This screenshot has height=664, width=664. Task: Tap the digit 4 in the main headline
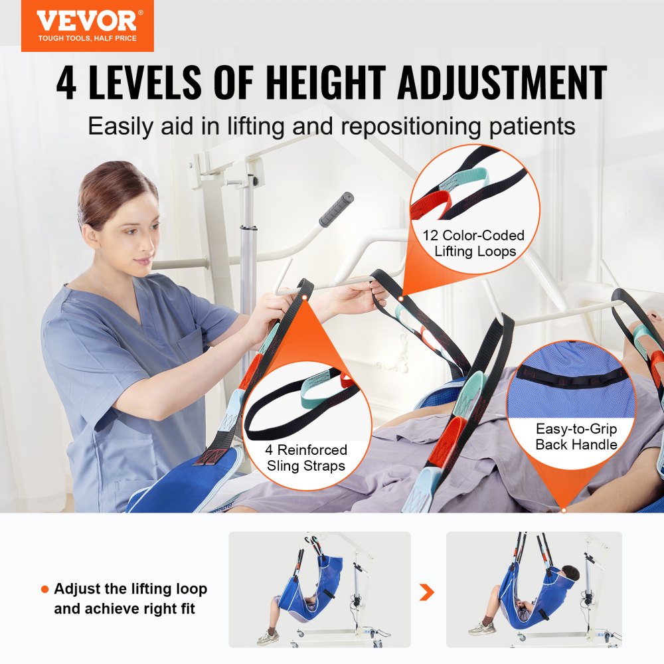(67, 84)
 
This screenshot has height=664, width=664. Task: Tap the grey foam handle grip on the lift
(336, 209)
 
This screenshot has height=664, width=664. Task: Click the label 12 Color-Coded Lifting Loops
(474, 243)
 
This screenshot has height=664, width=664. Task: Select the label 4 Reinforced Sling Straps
(306, 458)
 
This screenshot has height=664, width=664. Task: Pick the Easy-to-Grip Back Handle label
(576, 436)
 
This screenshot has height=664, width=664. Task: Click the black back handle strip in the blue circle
(572, 379)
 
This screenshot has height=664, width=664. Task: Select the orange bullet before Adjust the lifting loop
(44, 589)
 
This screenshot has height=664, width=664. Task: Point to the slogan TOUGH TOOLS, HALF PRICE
(87, 38)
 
